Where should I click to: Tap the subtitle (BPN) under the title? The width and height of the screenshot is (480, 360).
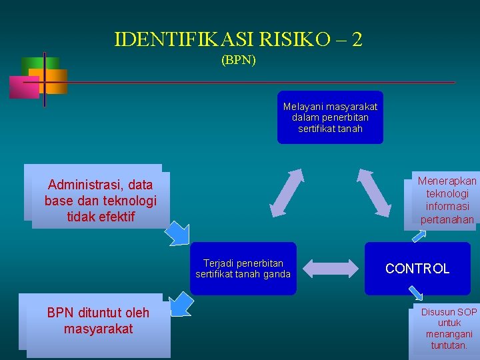point(239,60)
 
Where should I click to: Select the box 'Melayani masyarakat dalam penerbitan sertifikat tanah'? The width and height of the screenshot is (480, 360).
point(330,117)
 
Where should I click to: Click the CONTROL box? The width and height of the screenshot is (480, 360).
point(417,269)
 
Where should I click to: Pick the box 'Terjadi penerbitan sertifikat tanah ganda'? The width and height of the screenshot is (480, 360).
point(243,269)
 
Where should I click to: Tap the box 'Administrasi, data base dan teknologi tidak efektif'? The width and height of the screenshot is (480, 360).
point(100,200)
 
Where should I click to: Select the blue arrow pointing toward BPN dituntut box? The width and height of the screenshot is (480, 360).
point(181,303)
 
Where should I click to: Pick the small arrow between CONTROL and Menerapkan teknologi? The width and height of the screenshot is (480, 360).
point(419,235)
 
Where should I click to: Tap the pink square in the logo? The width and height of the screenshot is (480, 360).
point(23,87)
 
